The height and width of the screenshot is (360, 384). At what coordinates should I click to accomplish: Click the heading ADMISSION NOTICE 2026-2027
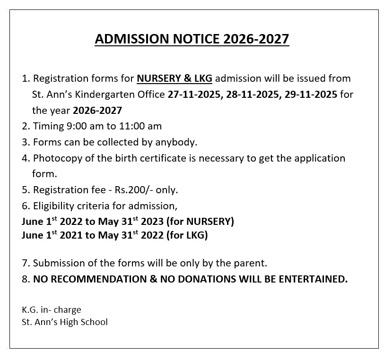click(x=192, y=39)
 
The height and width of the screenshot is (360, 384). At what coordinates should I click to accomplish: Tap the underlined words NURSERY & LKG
click(x=175, y=78)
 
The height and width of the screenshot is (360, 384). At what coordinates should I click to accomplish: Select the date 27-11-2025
click(x=194, y=94)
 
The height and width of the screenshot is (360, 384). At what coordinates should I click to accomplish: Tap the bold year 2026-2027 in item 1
click(x=97, y=111)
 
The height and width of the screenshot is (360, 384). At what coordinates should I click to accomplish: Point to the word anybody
click(x=174, y=142)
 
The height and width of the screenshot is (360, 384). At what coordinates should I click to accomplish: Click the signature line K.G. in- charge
click(x=51, y=310)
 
